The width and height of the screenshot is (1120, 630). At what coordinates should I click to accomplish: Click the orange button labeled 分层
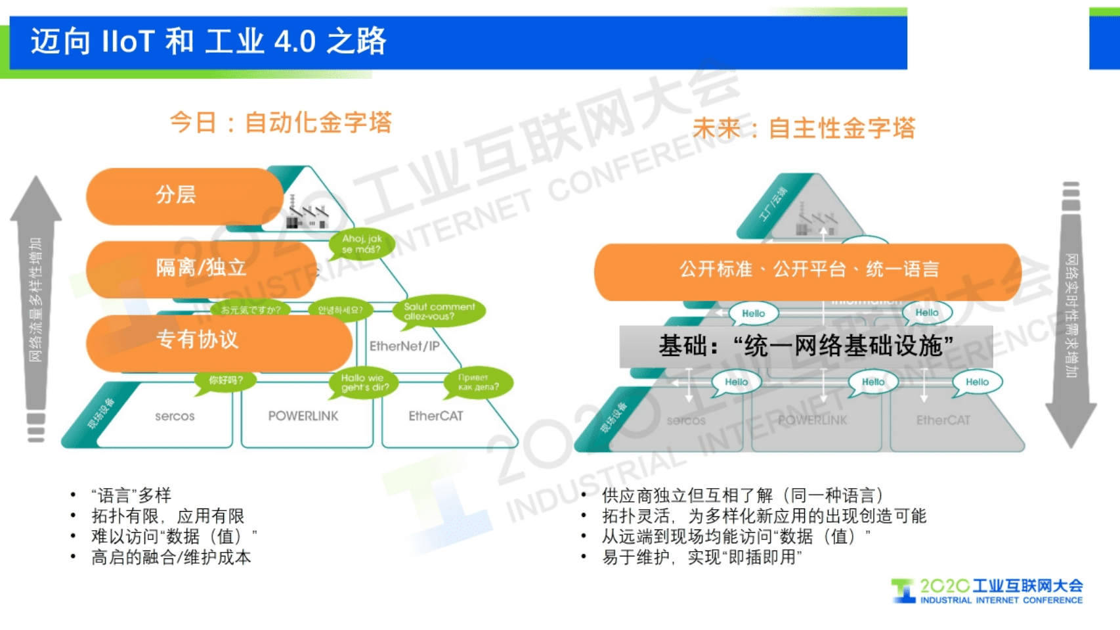pyautogui.click(x=184, y=196)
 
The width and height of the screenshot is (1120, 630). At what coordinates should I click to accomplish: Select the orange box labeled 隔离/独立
pyautogui.click(x=200, y=268)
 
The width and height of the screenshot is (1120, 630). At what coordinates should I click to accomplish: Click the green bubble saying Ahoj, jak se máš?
pyautogui.click(x=362, y=244)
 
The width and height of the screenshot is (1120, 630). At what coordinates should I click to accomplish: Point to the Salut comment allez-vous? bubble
pyautogui.click(x=439, y=311)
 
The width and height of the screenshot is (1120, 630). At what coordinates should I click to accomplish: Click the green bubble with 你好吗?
pyautogui.click(x=225, y=380)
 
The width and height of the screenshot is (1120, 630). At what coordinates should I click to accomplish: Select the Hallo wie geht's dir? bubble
pyautogui.click(x=364, y=382)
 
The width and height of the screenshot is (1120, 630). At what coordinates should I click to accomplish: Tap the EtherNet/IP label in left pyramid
pyautogui.click(x=404, y=346)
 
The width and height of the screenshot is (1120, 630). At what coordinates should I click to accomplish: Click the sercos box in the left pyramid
pyautogui.click(x=175, y=416)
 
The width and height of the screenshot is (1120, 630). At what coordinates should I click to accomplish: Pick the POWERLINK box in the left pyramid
pyautogui.click(x=303, y=416)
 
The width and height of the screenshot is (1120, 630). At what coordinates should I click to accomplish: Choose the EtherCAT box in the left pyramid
pyautogui.click(x=436, y=416)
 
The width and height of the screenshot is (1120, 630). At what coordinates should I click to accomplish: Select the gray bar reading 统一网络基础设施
pyautogui.click(x=806, y=346)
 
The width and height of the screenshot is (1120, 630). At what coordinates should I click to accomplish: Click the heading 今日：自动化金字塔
pyautogui.click(x=280, y=123)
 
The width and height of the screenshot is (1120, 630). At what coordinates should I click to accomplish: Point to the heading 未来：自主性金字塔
pyautogui.click(x=804, y=128)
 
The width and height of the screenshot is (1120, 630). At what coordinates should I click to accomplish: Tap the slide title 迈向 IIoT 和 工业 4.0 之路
pyautogui.click(x=209, y=41)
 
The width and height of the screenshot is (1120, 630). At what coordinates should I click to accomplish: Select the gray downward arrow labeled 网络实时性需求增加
pyautogui.click(x=1071, y=315)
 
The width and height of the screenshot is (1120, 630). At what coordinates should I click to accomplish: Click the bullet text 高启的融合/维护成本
pyautogui.click(x=171, y=558)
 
